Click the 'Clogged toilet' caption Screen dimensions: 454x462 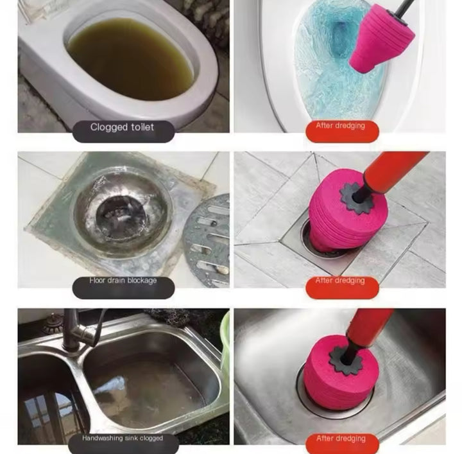tap(121, 127)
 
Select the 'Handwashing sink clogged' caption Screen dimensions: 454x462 tap(123, 439)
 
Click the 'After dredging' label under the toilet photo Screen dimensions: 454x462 tap(340, 126)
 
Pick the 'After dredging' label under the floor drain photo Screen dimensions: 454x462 tap(340, 281)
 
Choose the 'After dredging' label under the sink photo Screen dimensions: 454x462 tap(340, 439)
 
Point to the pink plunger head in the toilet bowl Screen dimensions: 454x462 tap(379, 44)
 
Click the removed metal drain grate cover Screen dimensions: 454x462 tap(209, 238)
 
